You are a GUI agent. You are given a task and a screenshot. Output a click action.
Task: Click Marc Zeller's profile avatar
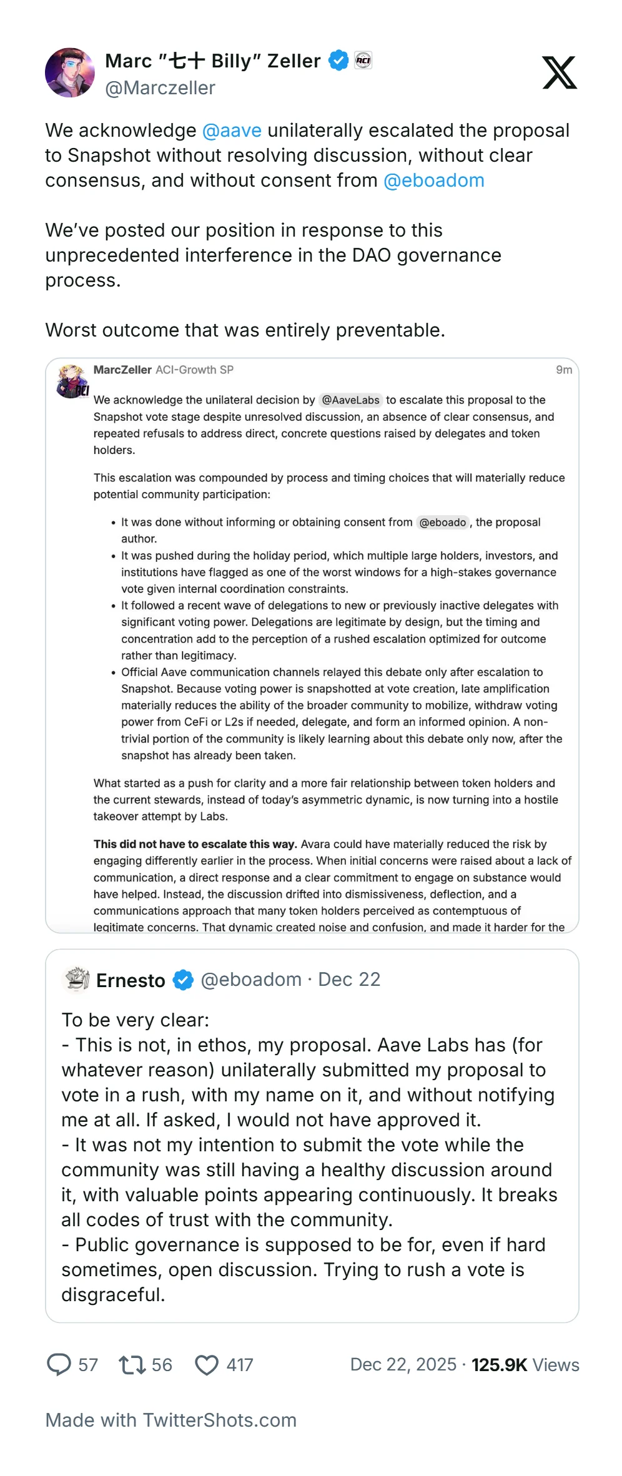click(x=70, y=72)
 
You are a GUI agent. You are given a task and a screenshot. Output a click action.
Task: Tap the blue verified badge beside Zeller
click(x=338, y=61)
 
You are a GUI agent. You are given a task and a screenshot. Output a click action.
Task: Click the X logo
click(x=559, y=72)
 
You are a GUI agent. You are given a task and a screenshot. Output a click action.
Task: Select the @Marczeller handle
click(x=160, y=88)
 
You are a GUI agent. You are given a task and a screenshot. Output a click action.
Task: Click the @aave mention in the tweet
click(x=232, y=130)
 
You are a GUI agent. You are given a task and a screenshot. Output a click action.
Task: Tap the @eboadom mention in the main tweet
click(x=434, y=180)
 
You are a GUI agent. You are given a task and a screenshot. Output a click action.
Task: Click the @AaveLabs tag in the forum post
click(x=350, y=400)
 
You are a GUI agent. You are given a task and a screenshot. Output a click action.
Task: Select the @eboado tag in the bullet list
click(x=442, y=523)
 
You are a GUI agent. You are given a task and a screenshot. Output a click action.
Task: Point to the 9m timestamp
click(x=564, y=370)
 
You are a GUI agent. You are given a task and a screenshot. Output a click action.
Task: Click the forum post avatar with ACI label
click(x=72, y=381)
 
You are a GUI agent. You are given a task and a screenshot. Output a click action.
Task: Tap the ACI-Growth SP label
click(x=194, y=370)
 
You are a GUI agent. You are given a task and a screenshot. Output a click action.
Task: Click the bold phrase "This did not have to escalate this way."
click(x=195, y=844)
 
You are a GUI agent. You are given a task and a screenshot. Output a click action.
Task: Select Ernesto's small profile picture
click(x=77, y=980)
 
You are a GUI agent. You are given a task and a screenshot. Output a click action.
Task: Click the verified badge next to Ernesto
click(x=183, y=980)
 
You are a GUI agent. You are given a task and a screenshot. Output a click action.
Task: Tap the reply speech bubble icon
click(x=59, y=1365)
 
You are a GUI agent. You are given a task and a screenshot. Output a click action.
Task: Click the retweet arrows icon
click(x=132, y=1365)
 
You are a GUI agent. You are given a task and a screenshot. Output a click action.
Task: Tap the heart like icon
click(x=207, y=1365)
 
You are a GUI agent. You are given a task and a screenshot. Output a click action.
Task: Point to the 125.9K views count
click(x=499, y=1365)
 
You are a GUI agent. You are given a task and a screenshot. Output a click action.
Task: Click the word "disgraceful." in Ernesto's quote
click(x=113, y=1295)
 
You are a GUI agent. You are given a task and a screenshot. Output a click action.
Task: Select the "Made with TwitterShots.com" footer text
click(x=170, y=1420)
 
